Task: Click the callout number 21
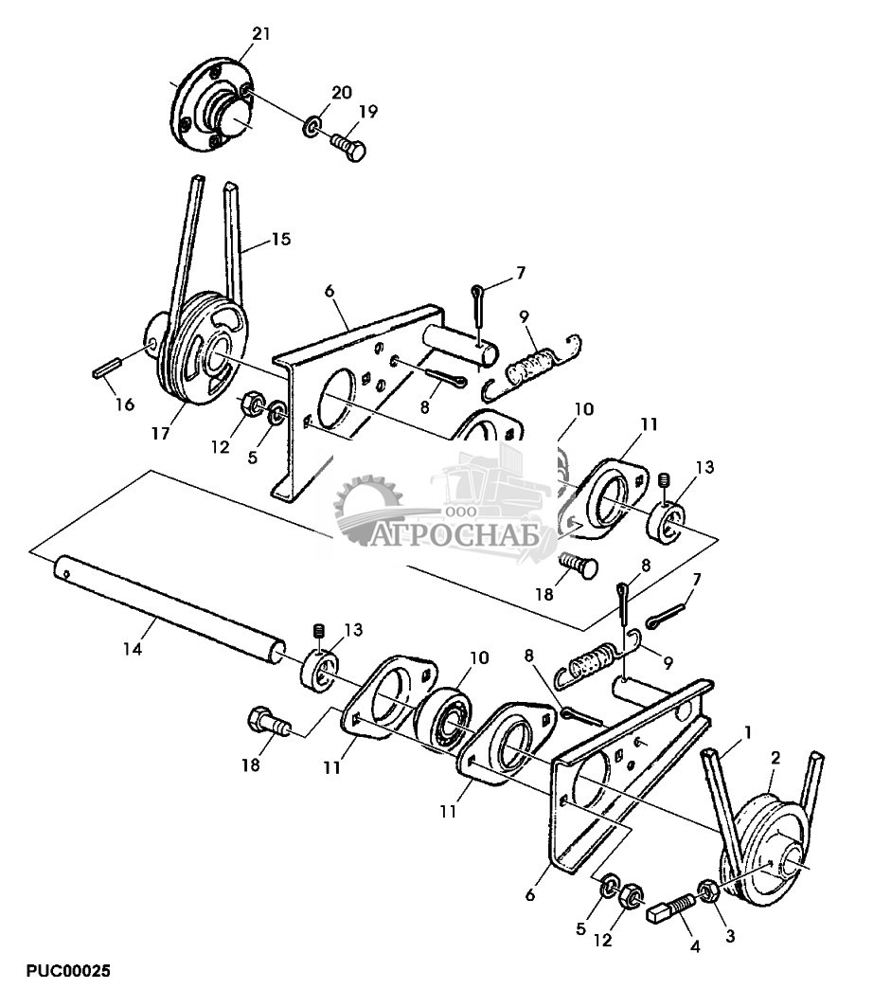261,33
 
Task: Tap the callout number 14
133,649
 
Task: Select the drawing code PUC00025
68,970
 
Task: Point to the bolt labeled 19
348,147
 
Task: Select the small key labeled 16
107,368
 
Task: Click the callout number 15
280,240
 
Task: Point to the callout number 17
160,434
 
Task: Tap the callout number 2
775,758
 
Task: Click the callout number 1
747,732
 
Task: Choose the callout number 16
125,404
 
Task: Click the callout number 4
695,946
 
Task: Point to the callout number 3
730,936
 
